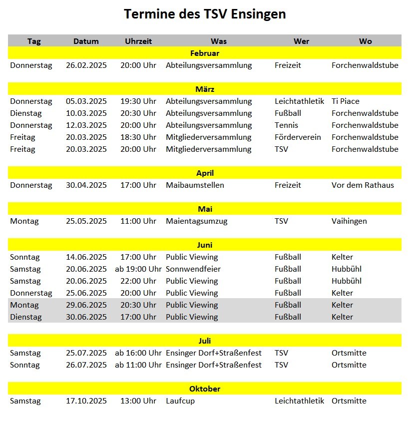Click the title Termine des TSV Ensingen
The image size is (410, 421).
(205, 14)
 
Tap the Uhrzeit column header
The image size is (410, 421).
(138, 41)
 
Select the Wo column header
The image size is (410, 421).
(365, 41)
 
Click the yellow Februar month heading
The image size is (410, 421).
(205, 53)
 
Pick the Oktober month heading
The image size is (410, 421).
(205, 389)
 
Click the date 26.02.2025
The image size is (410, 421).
(86, 65)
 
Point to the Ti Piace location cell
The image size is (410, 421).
(346, 101)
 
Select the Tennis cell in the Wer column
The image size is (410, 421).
(286, 125)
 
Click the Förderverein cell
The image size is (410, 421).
(298, 137)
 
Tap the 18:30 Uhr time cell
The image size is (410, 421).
(138, 137)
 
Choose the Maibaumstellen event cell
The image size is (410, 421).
(195, 185)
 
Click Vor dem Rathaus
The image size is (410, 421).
(363, 185)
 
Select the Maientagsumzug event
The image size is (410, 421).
(196, 221)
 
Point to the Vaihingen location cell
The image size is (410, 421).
(349, 221)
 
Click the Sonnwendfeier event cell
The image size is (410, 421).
(193, 269)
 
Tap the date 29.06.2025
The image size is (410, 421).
(86, 305)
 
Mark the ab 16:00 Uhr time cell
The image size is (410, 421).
(138, 353)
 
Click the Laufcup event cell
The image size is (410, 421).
(180, 401)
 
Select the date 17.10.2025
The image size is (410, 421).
(86, 401)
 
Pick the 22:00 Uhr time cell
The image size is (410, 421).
(138, 281)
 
